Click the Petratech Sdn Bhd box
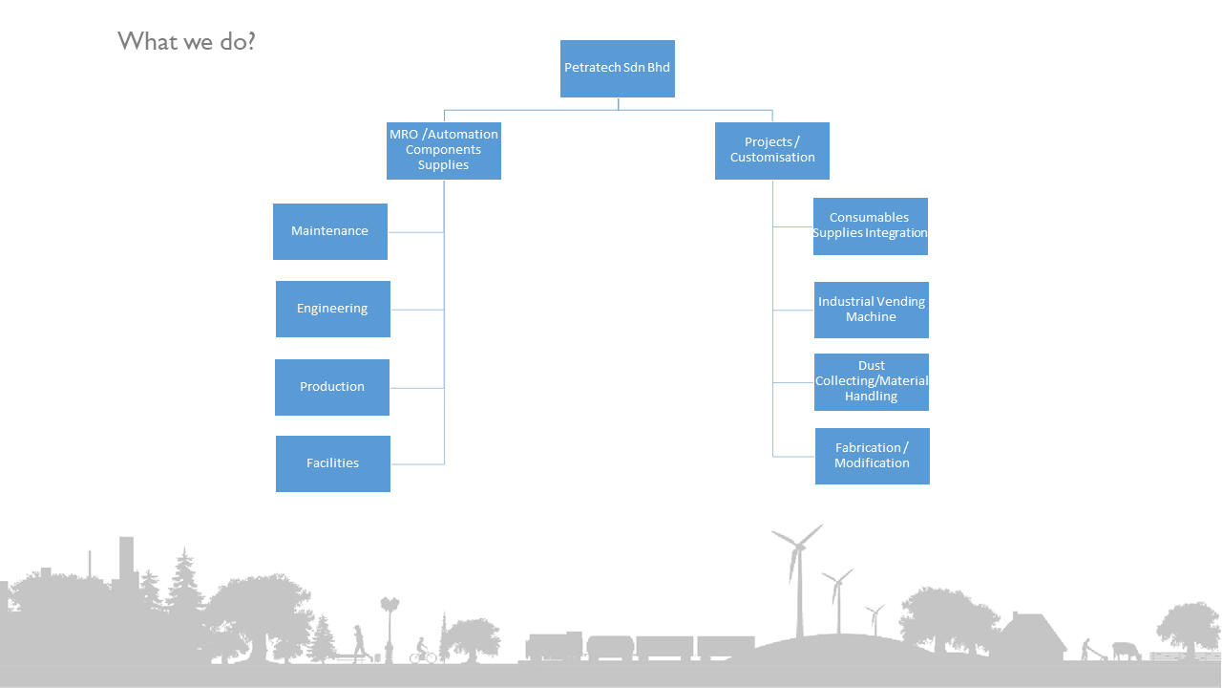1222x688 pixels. pyautogui.click(x=617, y=69)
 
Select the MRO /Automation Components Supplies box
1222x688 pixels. pyautogui.click(x=443, y=151)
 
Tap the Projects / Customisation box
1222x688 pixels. pyautogui.click(x=771, y=151)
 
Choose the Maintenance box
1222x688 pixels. pyautogui.click(x=329, y=231)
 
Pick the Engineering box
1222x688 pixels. pyautogui.click(x=332, y=309)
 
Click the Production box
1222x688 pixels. pyautogui.click(x=331, y=387)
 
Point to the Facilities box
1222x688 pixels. pyautogui.click(x=332, y=463)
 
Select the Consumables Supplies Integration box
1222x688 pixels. pyautogui.click(x=870, y=226)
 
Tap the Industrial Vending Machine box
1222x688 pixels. pyautogui.click(x=871, y=310)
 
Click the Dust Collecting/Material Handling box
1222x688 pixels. pyautogui.click(x=871, y=382)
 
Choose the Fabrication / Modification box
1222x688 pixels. pyautogui.click(x=872, y=456)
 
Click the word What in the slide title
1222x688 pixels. pyautogui.click(x=144, y=42)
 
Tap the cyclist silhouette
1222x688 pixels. pyautogui.click(x=422, y=652)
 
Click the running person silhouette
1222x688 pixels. pyautogui.click(x=359, y=642)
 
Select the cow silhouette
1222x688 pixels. pyautogui.click(x=1126, y=651)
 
